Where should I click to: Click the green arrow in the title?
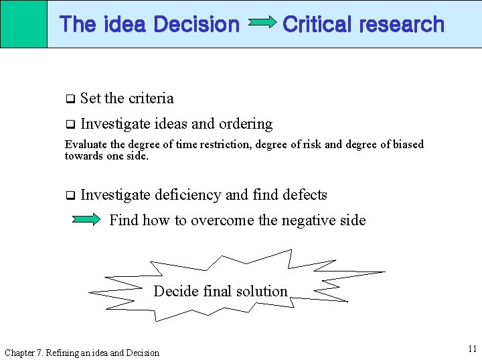click(x=262, y=23)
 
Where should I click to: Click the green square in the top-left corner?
click(x=23, y=23)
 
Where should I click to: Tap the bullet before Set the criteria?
click(x=69, y=99)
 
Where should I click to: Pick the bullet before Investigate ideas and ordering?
click(x=69, y=125)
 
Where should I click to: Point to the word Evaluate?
click(x=84, y=144)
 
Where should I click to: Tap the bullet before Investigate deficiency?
click(x=69, y=196)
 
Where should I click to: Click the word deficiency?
click(x=188, y=195)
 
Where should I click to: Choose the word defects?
click(x=305, y=195)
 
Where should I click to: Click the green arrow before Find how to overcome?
click(x=86, y=219)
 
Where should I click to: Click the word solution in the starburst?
click(x=263, y=291)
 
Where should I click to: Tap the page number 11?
click(x=472, y=349)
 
